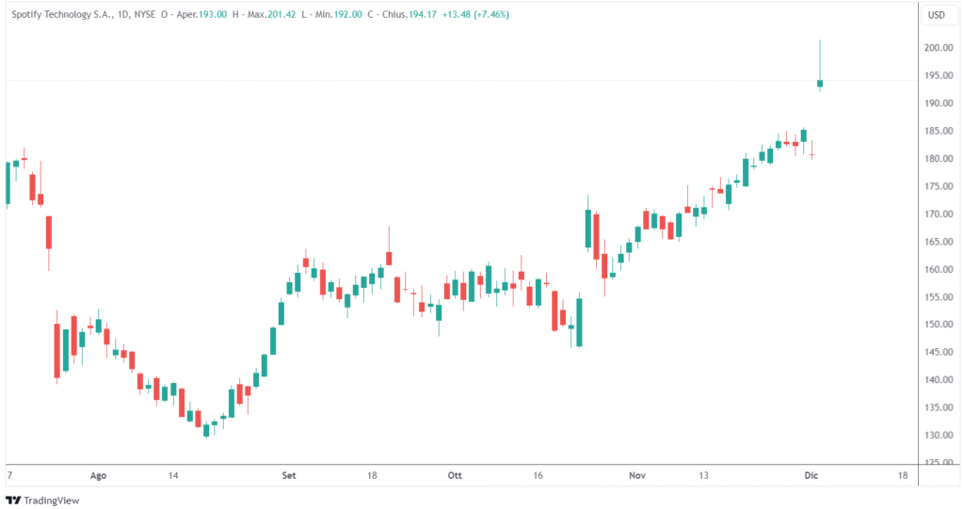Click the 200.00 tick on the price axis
click(x=936, y=48)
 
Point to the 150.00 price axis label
click(x=936, y=325)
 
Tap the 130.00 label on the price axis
click(x=936, y=436)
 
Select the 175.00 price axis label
click(x=936, y=186)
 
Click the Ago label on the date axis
click(x=98, y=476)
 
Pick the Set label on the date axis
click(x=289, y=476)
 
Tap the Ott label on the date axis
click(x=456, y=476)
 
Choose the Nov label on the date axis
click(x=637, y=476)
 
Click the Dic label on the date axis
click(x=811, y=476)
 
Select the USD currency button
click(x=936, y=15)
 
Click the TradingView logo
click(x=43, y=501)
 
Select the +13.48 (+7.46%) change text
click(x=475, y=15)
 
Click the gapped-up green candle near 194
click(x=820, y=84)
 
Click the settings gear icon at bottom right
click(x=937, y=476)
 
